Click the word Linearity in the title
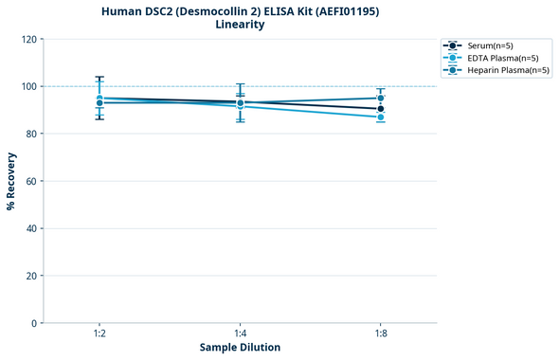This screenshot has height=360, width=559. (x=240, y=25)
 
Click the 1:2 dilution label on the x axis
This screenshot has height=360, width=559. (x=99, y=333)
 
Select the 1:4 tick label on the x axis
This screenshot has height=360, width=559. (x=240, y=333)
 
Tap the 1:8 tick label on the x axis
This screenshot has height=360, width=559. (x=380, y=333)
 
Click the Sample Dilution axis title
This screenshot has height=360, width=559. (x=240, y=348)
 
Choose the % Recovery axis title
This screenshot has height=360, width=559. (x=10, y=181)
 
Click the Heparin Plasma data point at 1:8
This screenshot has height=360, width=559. (x=380, y=98)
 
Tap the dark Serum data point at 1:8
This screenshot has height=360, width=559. (x=380, y=109)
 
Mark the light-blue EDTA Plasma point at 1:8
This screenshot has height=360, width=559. (x=380, y=117)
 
